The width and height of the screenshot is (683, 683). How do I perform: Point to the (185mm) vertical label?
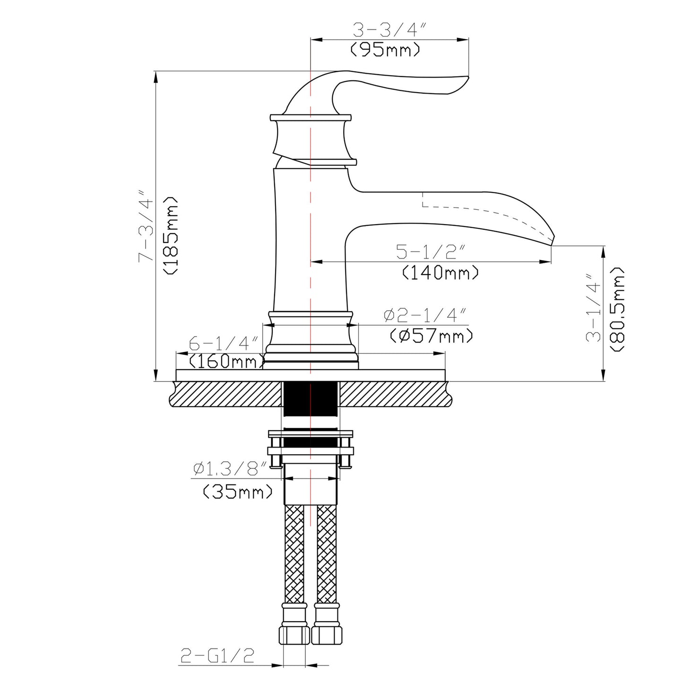coord(170,235)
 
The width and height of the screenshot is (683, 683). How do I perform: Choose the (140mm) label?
coord(441,272)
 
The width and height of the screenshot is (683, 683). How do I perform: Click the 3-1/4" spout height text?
coord(594,307)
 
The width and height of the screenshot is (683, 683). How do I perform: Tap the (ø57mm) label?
coord(431,336)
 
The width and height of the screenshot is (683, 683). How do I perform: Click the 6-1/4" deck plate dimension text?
coord(223,343)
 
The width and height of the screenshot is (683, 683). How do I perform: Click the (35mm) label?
coord(238,492)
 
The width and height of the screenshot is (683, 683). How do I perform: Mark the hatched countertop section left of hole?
coord(227,394)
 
